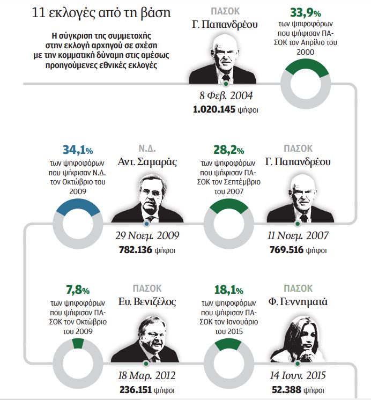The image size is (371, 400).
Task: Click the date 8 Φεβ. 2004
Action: (226, 97)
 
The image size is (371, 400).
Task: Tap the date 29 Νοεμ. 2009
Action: (147, 236)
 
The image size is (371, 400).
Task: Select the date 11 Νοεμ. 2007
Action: (296, 236)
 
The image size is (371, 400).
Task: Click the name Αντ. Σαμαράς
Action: (147, 161)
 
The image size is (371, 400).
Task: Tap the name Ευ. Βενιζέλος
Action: (147, 302)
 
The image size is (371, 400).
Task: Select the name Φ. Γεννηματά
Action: (298, 302)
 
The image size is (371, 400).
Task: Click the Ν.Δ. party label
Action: (147, 147)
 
